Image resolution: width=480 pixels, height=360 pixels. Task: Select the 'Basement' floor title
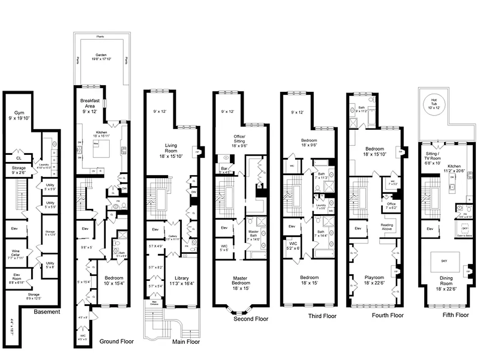[47, 311]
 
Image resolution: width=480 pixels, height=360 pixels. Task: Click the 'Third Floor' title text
[322, 316]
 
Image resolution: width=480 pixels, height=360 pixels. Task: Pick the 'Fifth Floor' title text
[455, 315]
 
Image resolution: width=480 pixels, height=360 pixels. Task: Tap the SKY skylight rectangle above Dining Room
[445, 261]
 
